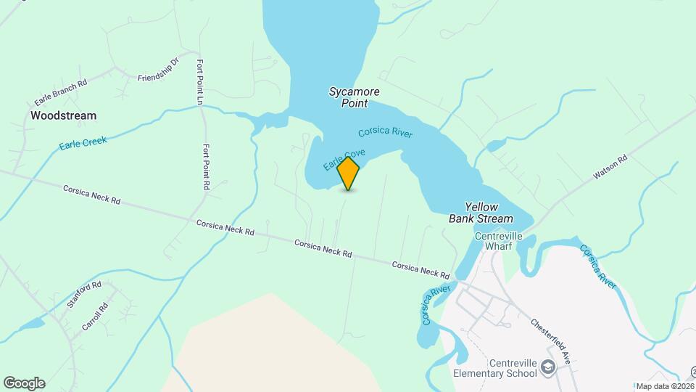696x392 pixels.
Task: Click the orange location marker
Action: (349, 173)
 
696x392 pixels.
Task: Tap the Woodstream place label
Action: (63, 115)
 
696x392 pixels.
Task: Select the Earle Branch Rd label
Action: (60, 93)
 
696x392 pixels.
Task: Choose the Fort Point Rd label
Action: (206, 166)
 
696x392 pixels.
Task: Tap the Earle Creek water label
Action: (83, 142)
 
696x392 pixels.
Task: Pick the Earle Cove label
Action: (344, 160)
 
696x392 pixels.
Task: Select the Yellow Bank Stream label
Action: (481, 213)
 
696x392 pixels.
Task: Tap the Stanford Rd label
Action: (84, 295)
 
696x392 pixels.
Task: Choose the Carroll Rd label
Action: (94, 317)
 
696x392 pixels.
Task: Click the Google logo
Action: (24, 383)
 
